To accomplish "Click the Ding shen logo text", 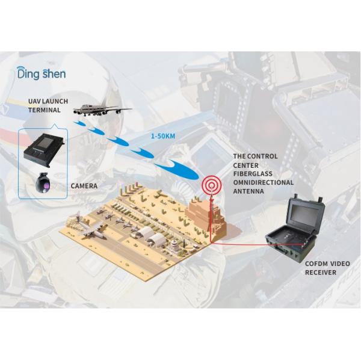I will [x=42, y=75].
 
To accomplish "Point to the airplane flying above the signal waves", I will [x=102, y=110].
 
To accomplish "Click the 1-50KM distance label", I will [x=163, y=137].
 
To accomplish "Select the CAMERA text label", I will [x=84, y=186].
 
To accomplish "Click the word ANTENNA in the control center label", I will [x=248, y=191].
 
